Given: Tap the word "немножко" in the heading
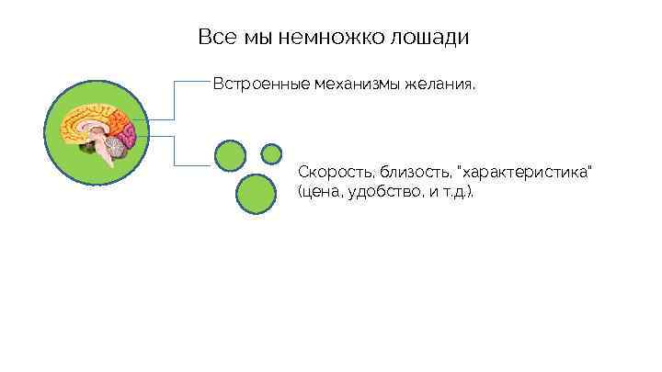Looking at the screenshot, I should [x=327, y=38].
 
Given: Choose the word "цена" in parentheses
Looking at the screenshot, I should [x=320, y=194].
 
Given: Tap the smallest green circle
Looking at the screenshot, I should [x=271, y=152].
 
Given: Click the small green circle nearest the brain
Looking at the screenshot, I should [x=230, y=155].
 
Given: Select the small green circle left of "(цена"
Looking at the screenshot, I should [x=256, y=193].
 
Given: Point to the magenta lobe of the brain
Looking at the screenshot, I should [x=129, y=134].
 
